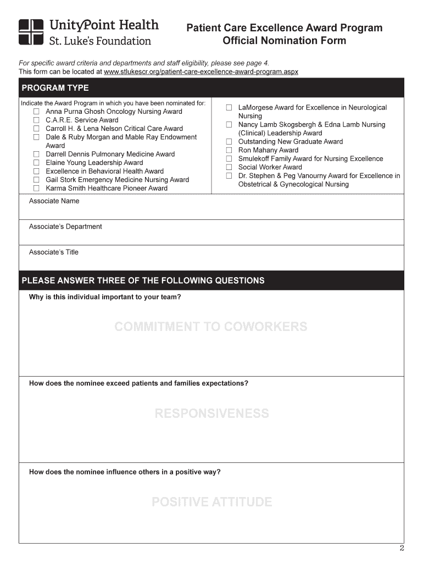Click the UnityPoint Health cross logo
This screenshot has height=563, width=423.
[x=31, y=32]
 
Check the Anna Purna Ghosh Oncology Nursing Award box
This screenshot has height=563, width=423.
[x=36, y=112]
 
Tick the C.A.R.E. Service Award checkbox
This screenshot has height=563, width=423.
[x=36, y=120]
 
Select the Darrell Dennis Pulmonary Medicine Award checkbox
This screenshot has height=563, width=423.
[x=36, y=154]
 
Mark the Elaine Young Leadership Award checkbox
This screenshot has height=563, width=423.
[x=36, y=163]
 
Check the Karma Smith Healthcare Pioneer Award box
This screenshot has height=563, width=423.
[x=36, y=188]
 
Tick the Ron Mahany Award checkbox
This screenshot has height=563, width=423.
[x=229, y=150]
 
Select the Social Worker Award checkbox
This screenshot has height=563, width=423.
[x=229, y=167]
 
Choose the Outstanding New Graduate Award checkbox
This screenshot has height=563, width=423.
[x=229, y=142]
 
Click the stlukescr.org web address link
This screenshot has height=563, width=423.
[x=201, y=72]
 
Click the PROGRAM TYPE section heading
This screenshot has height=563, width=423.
[x=55, y=88]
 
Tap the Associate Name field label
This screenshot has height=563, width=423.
[x=54, y=201]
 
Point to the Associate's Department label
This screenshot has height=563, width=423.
[x=65, y=227]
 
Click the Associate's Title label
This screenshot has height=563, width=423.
[x=54, y=252]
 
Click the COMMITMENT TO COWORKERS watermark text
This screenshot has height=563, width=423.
[x=211, y=327]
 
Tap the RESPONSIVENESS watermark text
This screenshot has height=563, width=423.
[x=211, y=413]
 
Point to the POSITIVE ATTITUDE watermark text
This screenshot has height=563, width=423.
[x=211, y=502]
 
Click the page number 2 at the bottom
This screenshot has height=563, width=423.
[x=401, y=548]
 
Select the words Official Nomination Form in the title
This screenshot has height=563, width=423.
[x=284, y=41]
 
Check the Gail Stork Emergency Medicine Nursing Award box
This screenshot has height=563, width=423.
[x=36, y=180]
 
